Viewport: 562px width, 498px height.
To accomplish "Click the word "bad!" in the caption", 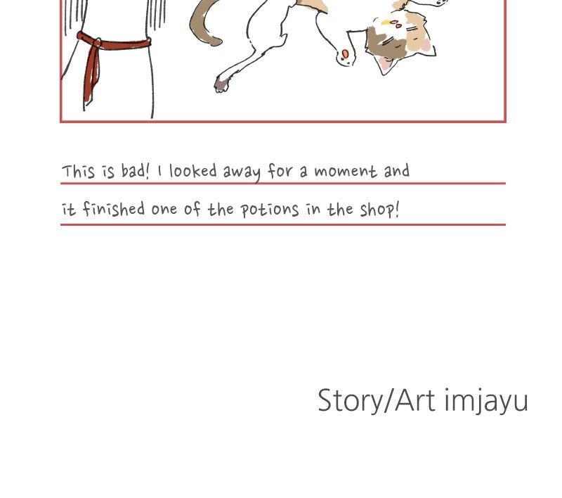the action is pyautogui.click(x=135, y=171).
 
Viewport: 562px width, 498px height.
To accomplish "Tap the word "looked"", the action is pyautogui.click(x=192, y=171).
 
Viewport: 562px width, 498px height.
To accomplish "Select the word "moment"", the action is pyautogui.click(x=346, y=171).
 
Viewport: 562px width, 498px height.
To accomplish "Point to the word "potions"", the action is pyautogui.click(x=269, y=210).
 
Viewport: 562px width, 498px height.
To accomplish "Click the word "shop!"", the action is pyautogui.click(x=379, y=210).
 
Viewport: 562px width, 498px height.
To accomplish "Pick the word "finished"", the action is pyautogui.click(x=114, y=209).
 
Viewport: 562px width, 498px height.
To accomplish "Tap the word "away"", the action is pyautogui.click(x=242, y=172).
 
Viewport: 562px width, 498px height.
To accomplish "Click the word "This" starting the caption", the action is pyautogui.click(x=79, y=172).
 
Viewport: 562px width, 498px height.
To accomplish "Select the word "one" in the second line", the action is pyautogui.click(x=164, y=210).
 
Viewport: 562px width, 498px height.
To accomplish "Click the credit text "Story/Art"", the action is pyautogui.click(x=377, y=401).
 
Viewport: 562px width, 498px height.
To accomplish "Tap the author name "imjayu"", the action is pyautogui.click(x=486, y=402).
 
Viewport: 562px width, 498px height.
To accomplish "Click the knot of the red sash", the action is pyautogui.click(x=96, y=42).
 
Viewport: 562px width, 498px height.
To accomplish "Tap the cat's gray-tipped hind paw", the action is pyautogui.click(x=221, y=84).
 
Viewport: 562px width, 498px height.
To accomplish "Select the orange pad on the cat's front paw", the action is pyautogui.click(x=345, y=54).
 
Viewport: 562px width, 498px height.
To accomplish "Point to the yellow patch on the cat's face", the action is pyautogui.click(x=386, y=23).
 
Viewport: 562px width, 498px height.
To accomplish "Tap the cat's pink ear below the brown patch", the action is pyautogui.click(x=384, y=63).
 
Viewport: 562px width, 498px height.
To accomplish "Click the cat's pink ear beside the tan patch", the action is pyautogui.click(x=426, y=45).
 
